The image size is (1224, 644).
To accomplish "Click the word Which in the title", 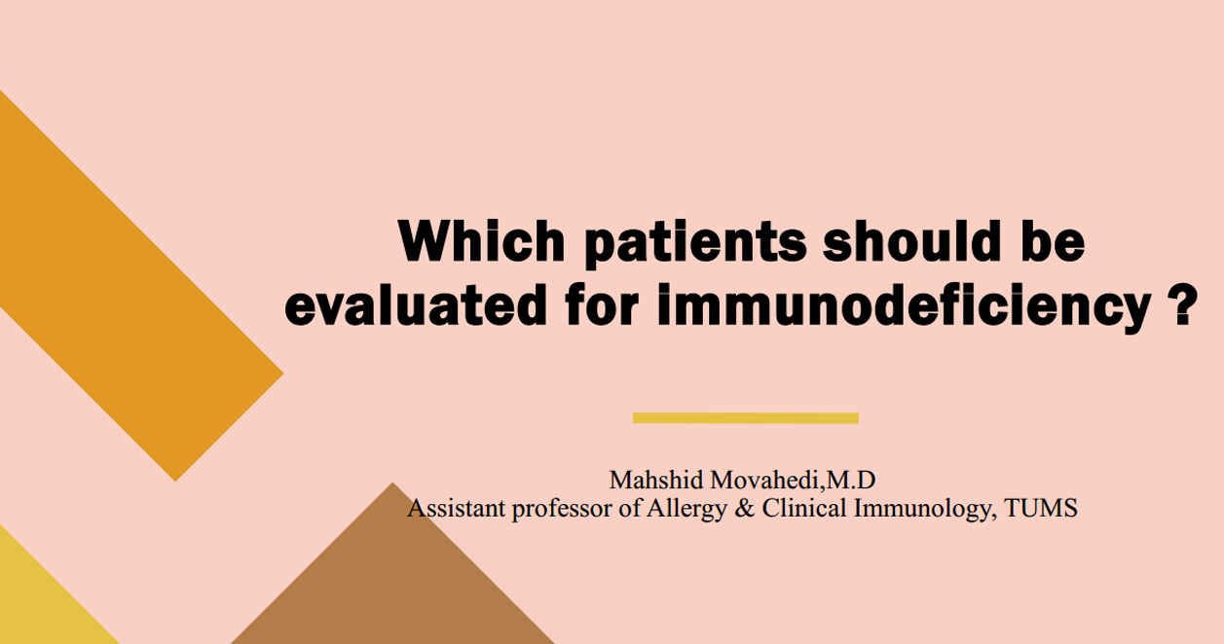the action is (481, 240).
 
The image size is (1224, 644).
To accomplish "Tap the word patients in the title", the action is (695, 243).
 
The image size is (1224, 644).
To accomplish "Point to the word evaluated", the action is (416, 304).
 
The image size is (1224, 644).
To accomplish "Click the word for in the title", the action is (602, 304).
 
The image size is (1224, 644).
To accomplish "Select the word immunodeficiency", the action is (905, 307).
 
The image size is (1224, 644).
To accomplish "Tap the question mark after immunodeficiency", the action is (1183, 304).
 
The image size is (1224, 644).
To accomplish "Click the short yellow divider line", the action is (746, 418).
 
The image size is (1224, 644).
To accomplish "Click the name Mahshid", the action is (656, 480).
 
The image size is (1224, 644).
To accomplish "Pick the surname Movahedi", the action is (764, 480).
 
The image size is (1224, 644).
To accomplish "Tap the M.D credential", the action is (850, 480).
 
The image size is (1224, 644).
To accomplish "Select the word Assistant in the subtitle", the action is (457, 508).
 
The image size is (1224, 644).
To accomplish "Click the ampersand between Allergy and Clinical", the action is (744, 508).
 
